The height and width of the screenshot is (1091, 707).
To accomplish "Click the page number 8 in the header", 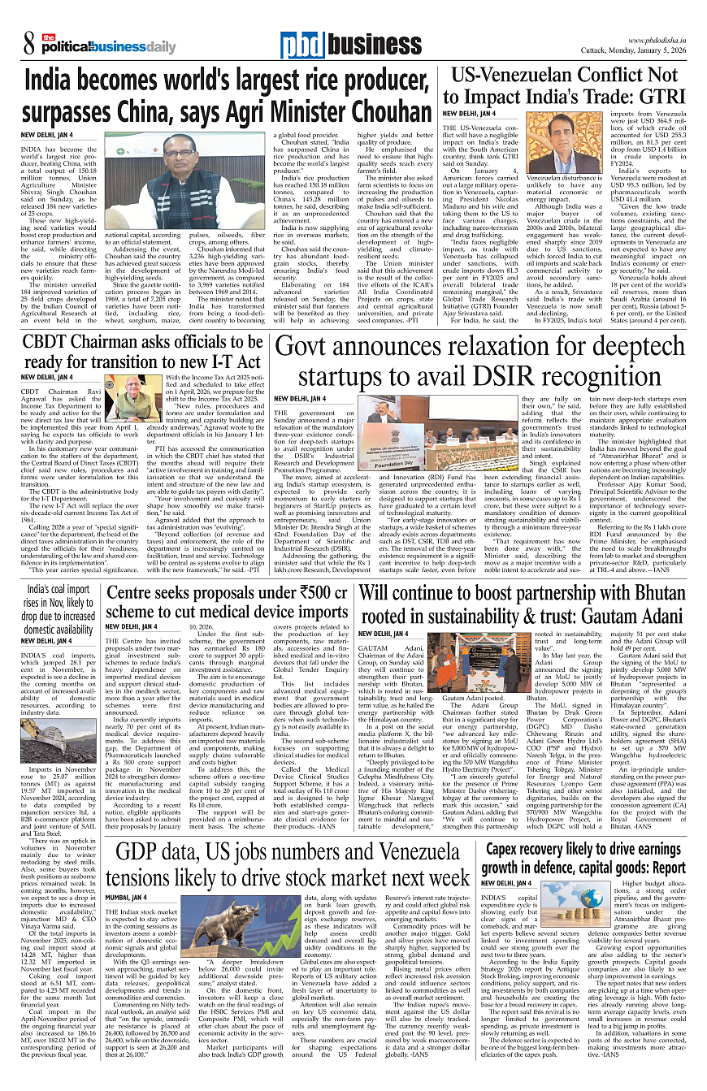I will (x=27, y=45).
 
